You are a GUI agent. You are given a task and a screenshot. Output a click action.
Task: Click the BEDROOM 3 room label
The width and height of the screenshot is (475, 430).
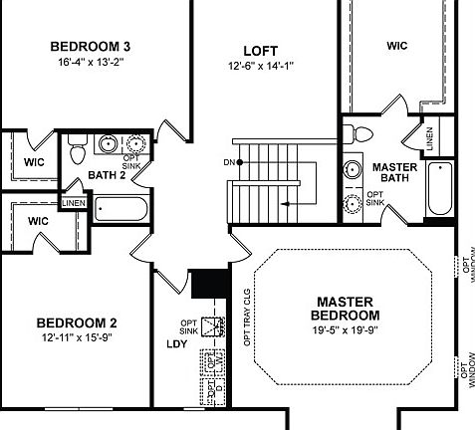point(92,46)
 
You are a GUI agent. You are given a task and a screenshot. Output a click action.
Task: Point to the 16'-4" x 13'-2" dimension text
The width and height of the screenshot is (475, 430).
point(92,62)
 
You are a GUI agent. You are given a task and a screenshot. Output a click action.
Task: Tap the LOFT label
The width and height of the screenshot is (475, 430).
point(261,50)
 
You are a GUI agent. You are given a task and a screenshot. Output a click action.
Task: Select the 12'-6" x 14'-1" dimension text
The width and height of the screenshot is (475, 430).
point(261,67)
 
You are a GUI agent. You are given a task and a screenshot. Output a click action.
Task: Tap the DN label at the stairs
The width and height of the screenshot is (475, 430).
point(228,161)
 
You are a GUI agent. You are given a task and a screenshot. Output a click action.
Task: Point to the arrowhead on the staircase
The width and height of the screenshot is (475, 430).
point(285,202)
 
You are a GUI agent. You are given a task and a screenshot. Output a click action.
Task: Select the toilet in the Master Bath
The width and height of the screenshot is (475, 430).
point(362,132)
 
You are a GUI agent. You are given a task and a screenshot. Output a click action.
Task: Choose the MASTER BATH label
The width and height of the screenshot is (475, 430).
point(393,172)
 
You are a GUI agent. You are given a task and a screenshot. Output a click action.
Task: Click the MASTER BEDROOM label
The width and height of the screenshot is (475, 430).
point(345,308)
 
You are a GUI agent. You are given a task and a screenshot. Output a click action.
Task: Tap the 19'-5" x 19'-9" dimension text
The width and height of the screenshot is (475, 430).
point(345,329)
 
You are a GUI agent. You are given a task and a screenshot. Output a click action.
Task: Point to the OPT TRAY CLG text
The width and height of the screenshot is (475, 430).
point(247,317)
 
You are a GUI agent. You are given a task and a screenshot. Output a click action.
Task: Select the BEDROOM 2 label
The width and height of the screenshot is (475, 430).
point(77,322)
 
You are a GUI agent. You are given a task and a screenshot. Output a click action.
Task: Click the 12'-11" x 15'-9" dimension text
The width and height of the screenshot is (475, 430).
point(77,339)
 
